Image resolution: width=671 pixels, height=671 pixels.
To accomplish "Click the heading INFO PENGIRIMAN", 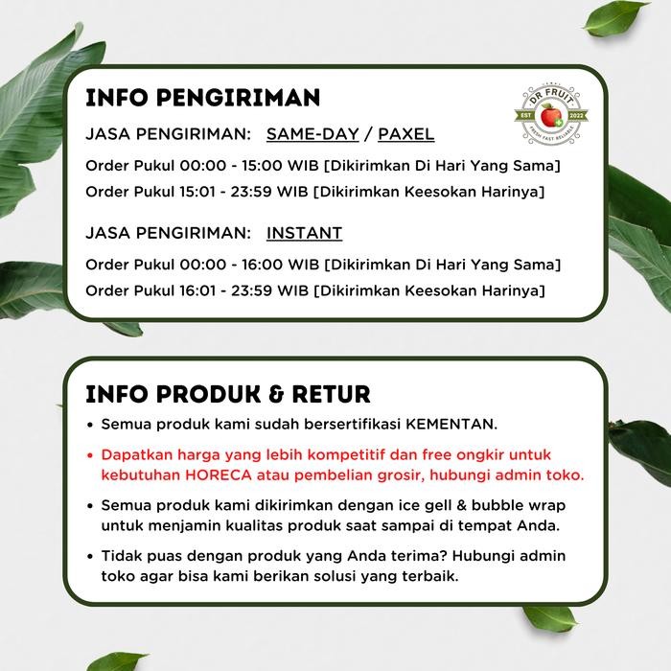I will coord(202,100).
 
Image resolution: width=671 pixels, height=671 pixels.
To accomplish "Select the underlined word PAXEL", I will coord(405,133).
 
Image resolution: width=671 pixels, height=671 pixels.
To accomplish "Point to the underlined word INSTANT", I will coord(304,233).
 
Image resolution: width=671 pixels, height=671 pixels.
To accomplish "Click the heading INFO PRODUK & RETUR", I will coord(228,395).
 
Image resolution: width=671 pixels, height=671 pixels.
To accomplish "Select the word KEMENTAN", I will coord(463,424).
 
